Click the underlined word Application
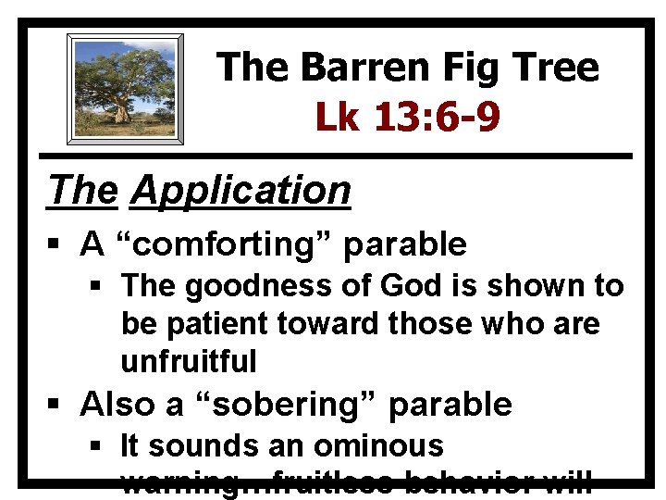tap(241, 190)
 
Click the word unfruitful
tap(188, 361)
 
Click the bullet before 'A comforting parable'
tap(58, 245)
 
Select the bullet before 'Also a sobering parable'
tap(58, 405)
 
